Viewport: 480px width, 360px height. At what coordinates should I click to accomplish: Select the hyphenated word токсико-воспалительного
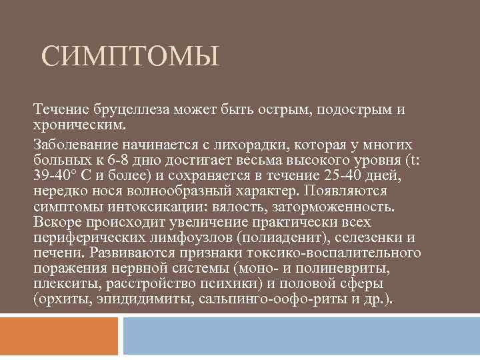(x=345, y=253)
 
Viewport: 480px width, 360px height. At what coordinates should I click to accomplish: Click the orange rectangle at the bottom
(x=61, y=337)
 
